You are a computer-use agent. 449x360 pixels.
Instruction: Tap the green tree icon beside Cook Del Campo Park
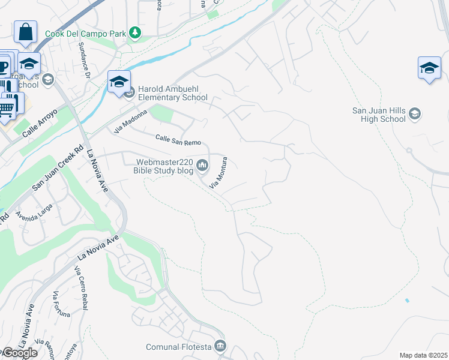point(136,33)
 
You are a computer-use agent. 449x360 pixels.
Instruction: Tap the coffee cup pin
point(4,64)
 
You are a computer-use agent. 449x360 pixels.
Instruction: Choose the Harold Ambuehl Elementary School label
point(173,94)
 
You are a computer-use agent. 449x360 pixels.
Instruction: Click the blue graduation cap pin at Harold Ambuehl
point(119,82)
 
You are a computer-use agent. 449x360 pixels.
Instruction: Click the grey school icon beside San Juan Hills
point(415,114)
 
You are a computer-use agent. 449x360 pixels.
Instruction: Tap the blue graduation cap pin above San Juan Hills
point(429,68)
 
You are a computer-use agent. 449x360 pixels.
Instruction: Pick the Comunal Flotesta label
point(178,347)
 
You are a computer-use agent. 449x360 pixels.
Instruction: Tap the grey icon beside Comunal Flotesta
point(220,346)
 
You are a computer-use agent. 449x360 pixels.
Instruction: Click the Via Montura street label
point(219,173)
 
